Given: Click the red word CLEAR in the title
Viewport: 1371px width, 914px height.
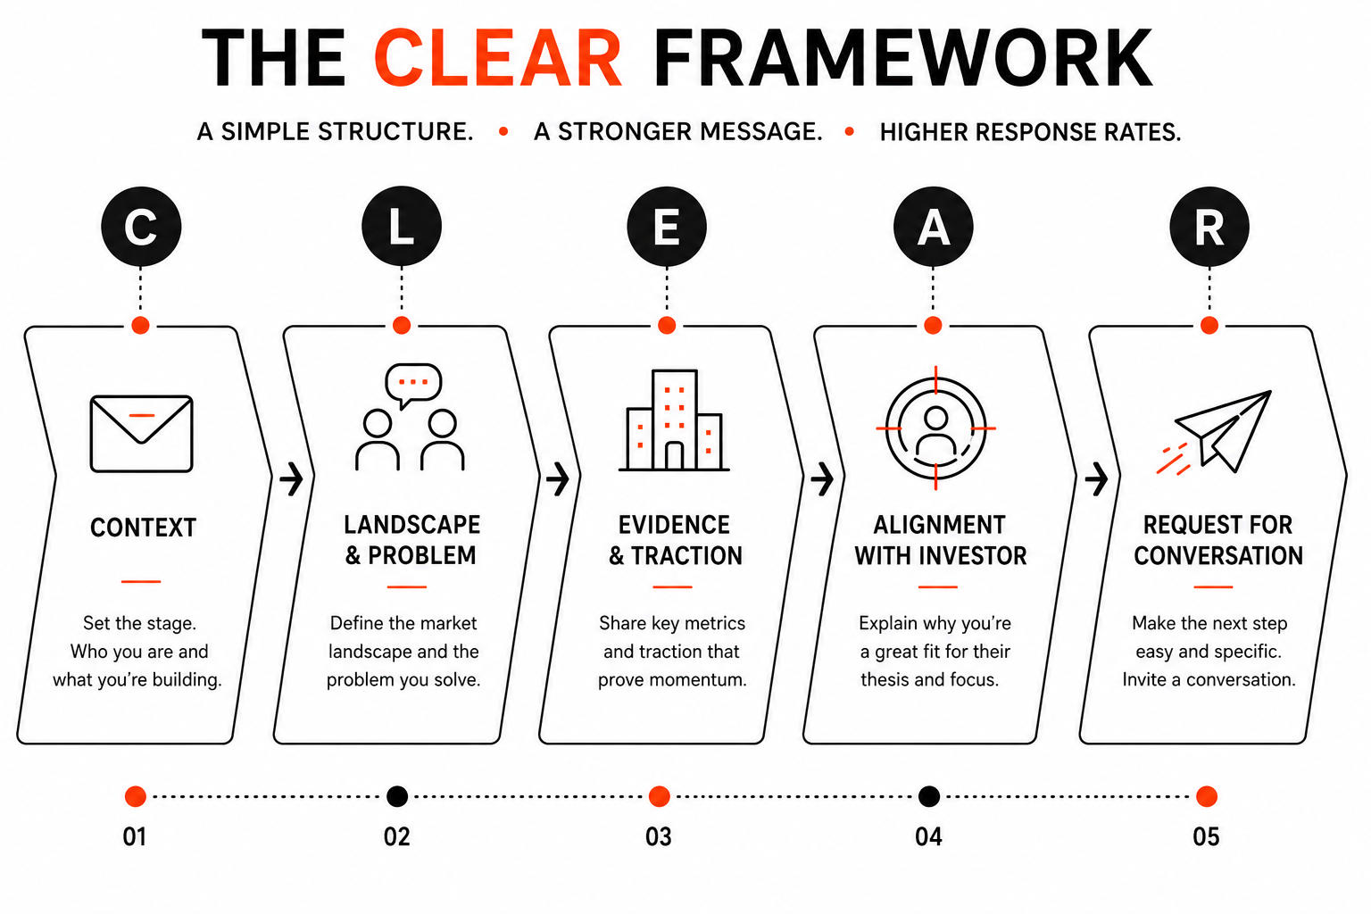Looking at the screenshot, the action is click(x=497, y=58).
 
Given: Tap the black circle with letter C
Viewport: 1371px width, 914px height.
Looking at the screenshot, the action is click(x=141, y=226).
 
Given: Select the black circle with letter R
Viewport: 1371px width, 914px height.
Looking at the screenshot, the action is click(x=1209, y=226).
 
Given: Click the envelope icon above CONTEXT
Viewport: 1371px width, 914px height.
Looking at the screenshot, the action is click(x=141, y=434).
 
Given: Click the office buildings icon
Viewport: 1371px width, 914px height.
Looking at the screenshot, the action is click(x=673, y=420).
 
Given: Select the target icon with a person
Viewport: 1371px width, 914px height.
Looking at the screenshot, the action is click(x=935, y=428).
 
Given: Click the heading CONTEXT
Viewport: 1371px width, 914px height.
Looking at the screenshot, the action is click(x=143, y=528).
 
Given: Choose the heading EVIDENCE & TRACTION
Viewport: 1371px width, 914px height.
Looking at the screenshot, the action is click(x=675, y=540).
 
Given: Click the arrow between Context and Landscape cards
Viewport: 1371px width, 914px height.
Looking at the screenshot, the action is click(x=291, y=478).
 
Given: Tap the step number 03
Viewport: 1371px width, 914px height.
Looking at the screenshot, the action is click(x=659, y=837).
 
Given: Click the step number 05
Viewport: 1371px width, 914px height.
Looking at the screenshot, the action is click(x=1206, y=837).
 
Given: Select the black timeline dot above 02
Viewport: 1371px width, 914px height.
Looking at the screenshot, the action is click(x=397, y=796).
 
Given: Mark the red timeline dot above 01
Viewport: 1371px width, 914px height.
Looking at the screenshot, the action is click(x=136, y=796).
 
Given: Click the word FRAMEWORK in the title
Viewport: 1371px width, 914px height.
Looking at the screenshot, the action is click(x=902, y=58).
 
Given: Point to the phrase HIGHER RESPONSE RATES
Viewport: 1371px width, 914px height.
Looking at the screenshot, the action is click(x=1030, y=132).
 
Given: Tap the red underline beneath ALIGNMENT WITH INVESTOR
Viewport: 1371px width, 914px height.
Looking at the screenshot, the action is click(x=938, y=586).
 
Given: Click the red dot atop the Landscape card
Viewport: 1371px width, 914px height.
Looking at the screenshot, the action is click(x=402, y=325).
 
